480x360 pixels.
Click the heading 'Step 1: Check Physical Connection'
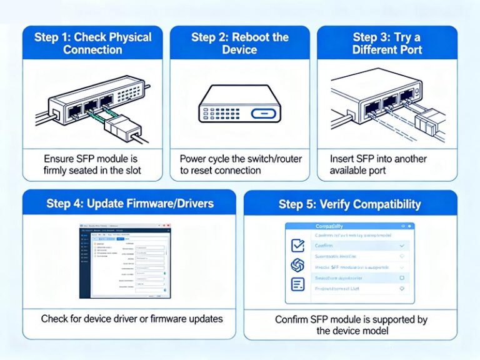[92, 43]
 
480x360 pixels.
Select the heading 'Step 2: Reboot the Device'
[239, 43]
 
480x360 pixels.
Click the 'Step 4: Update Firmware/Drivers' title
[129, 203]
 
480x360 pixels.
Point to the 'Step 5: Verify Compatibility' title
[350, 204]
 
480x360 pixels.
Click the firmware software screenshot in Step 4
[125, 261]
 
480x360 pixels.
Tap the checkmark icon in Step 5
[297, 246]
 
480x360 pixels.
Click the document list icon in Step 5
[297, 284]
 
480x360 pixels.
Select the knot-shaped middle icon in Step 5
[297, 265]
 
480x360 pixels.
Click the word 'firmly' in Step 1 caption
[58, 170]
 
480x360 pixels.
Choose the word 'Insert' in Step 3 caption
[342, 159]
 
